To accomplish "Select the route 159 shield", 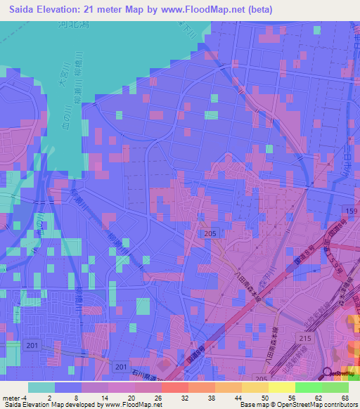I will click(x=352, y=210).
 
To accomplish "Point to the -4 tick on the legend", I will click(x=25, y=397).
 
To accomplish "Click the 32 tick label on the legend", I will click(x=185, y=397).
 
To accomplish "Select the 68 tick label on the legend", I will click(x=345, y=397).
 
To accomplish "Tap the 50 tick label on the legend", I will click(x=265, y=397).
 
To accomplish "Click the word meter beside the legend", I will click(x=12, y=397).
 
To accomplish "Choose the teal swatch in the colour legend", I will click(x=41, y=387).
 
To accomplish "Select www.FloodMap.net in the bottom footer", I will click(x=131, y=405).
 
